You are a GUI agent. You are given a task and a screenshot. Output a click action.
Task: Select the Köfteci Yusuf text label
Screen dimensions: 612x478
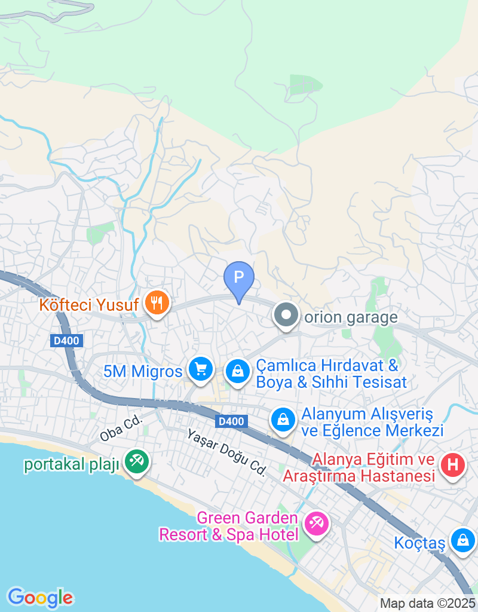(x=89, y=305)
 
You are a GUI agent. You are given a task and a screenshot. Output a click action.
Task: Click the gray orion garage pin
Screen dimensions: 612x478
(x=286, y=314)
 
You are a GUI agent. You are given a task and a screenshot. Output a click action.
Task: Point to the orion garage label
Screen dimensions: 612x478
(x=351, y=317)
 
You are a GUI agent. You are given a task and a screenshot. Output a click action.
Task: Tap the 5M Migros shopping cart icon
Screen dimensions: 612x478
(x=201, y=370)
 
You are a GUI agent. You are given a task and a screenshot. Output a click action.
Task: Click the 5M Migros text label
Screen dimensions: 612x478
(x=143, y=372)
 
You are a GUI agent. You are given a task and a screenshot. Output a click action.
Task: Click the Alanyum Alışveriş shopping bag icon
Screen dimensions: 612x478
(x=283, y=419)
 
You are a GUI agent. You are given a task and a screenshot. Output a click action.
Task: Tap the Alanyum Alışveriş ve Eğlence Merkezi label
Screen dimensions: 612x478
(x=372, y=422)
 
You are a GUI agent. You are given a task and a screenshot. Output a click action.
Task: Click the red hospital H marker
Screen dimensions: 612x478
(x=452, y=464)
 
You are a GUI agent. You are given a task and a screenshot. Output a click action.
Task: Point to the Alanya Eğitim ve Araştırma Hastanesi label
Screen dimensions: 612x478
(x=358, y=468)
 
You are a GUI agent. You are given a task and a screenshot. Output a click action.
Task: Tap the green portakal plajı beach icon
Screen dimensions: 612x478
(x=137, y=461)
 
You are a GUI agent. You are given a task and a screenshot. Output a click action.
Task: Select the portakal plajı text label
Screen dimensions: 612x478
(x=72, y=465)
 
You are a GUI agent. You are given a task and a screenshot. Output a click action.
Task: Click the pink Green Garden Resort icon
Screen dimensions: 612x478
(x=316, y=524)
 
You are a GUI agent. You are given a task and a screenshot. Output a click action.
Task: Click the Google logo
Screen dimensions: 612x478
(x=40, y=598)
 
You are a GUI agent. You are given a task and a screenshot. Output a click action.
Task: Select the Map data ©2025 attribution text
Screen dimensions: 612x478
(x=427, y=604)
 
